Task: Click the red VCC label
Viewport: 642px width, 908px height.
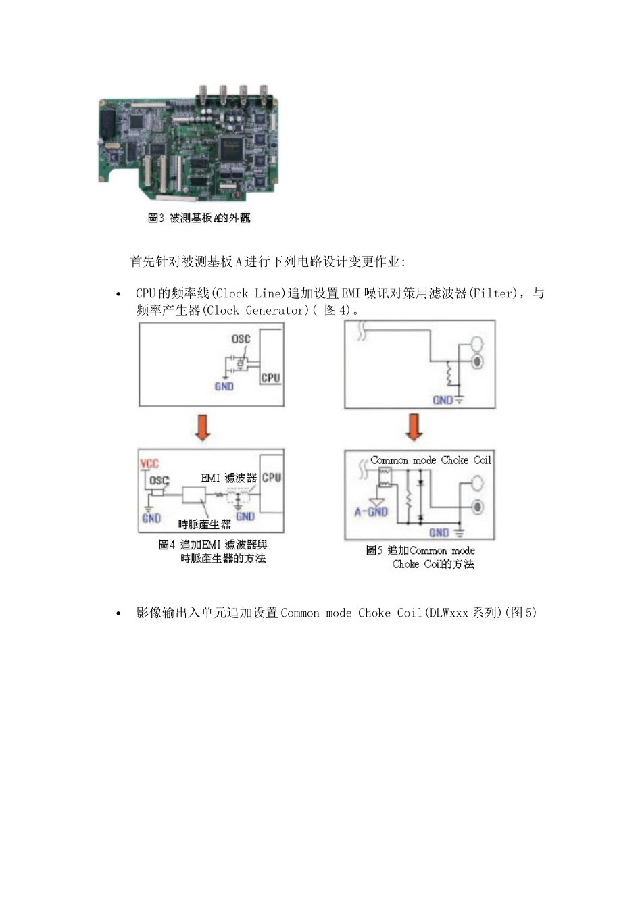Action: point(149,464)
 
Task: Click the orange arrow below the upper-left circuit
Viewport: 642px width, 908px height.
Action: point(202,428)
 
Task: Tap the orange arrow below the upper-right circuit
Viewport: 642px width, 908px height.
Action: point(414,428)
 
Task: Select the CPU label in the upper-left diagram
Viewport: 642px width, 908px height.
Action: point(270,378)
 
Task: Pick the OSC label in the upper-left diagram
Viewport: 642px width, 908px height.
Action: point(241,339)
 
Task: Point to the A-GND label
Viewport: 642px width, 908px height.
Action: point(371,511)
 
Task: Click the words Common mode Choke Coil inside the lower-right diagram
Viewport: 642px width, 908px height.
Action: point(430,460)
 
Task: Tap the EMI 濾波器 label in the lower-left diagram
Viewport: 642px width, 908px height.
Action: point(229,478)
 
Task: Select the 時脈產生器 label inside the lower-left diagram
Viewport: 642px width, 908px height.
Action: point(204,524)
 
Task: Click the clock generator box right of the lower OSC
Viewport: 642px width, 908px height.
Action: point(195,495)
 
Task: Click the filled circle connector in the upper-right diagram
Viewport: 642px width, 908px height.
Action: point(478,361)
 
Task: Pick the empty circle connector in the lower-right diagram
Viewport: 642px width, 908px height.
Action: point(478,483)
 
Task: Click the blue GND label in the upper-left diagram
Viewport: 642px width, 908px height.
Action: point(224,386)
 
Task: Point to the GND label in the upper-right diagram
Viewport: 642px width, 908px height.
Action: point(443,400)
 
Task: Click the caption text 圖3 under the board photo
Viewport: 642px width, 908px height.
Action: point(156,218)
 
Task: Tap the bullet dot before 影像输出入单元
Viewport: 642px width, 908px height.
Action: point(119,613)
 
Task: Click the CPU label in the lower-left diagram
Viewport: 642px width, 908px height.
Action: point(272,478)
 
